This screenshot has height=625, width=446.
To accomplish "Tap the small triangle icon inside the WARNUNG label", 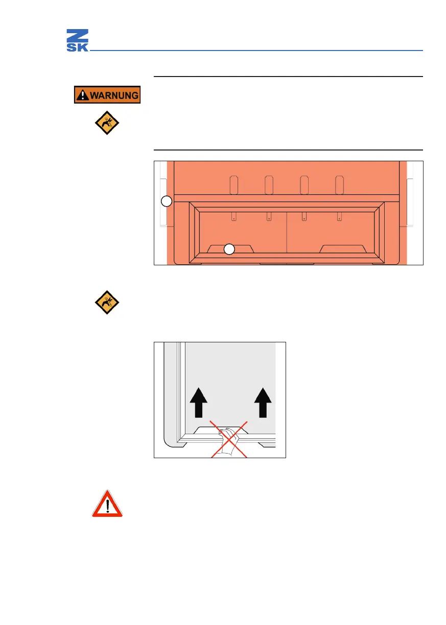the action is [x=82, y=95].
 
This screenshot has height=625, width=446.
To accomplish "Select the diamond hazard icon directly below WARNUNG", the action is [x=106, y=123].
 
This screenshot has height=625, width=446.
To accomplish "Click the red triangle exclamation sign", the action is [x=107, y=504].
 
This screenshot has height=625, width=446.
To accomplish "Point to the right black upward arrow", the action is [x=264, y=402].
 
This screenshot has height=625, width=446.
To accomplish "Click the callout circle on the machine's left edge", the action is [x=166, y=202].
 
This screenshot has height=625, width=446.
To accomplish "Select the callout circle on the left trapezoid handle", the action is [x=229, y=249].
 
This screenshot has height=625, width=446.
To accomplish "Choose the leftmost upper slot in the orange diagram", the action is [x=234, y=185].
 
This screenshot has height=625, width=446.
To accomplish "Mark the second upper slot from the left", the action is [x=269, y=185].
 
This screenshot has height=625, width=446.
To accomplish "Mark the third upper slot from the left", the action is [x=304, y=185].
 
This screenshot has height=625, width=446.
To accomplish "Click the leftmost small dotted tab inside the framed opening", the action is [x=233, y=216].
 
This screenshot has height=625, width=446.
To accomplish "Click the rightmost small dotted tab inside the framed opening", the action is [x=339, y=216].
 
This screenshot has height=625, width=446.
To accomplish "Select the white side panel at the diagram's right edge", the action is [x=411, y=202].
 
